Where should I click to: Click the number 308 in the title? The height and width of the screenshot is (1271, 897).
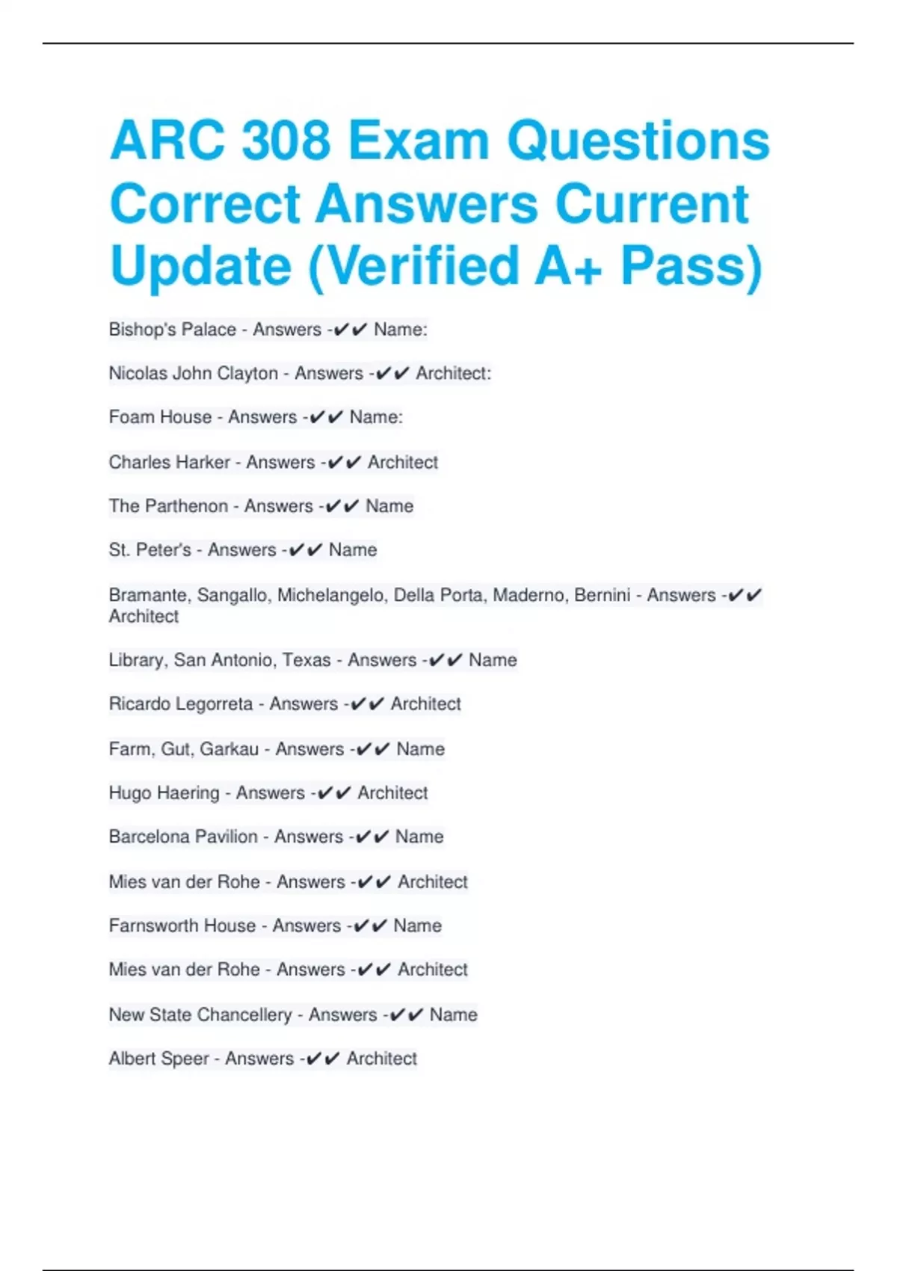286,141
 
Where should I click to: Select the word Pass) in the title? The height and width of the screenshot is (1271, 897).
691,265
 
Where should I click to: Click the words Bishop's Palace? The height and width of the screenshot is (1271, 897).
172,330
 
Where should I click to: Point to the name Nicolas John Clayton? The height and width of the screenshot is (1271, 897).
193,373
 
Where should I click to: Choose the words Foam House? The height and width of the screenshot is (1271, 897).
160,417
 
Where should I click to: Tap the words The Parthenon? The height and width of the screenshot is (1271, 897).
168,506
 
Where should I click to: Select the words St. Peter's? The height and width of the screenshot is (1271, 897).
149,550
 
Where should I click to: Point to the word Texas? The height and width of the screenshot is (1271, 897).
306,660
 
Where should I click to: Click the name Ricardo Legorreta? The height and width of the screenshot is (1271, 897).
180,704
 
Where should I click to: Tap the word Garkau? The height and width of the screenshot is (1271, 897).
229,749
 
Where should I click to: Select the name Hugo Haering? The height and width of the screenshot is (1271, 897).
164,793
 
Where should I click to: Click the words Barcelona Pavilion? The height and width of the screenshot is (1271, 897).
182,837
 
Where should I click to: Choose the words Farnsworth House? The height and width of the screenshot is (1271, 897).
182,926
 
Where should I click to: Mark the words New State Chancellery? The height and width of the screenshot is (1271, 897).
200,1015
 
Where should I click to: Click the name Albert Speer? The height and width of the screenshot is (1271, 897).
158,1059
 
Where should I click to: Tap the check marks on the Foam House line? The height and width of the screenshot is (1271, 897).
325,417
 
